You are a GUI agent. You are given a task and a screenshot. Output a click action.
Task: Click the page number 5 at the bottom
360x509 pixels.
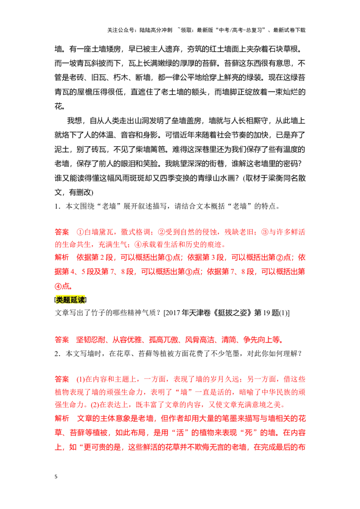pyautogui.click(x=56, y=477)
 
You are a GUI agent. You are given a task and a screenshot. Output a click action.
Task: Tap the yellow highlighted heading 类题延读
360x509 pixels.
pyautogui.click(x=71, y=299)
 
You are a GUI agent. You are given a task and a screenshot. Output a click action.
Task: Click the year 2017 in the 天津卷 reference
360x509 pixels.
pyautogui.click(x=173, y=313)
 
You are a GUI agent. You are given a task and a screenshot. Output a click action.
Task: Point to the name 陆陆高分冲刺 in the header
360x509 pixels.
pyautogui.click(x=156, y=30)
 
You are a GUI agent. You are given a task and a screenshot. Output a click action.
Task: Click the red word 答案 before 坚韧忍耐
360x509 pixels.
pyautogui.click(x=62, y=340)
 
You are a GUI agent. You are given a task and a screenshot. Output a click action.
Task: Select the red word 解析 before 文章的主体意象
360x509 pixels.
pyautogui.click(x=62, y=419)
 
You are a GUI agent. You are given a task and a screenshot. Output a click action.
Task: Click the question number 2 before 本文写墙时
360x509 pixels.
pyautogui.click(x=57, y=353)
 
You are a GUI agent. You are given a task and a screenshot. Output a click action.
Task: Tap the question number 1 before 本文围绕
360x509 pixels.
pyautogui.click(x=57, y=206)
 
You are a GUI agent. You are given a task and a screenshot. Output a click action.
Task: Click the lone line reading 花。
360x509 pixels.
pyautogui.click(x=60, y=106)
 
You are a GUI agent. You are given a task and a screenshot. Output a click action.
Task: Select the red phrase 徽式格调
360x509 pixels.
pyautogui.click(x=135, y=232)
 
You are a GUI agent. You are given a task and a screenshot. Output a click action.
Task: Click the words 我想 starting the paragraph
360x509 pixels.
pyautogui.click(x=74, y=121)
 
